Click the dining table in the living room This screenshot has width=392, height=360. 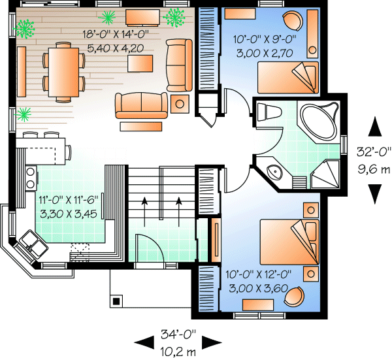click(63, 73)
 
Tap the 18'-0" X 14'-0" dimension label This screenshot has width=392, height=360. click(116, 34)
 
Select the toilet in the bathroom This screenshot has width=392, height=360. click(268, 112)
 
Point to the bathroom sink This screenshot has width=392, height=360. click(274, 171)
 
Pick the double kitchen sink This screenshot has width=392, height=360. click(33, 246)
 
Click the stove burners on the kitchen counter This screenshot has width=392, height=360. click(31, 178)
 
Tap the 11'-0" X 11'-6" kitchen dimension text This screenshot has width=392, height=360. click(69, 200)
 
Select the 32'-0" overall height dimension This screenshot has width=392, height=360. click(374, 152)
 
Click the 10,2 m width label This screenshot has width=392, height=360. click(178, 352)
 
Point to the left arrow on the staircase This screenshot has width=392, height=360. click(144, 212)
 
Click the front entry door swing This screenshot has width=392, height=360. click(150, 248)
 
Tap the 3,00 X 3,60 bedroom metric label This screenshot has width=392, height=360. click(259, 289)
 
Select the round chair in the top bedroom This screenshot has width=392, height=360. click(293, 20)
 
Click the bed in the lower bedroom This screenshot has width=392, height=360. click(289, 242)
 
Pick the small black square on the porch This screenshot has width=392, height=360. click(116, 301)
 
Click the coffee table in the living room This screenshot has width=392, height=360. click(140, 63)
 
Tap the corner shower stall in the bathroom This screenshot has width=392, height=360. click(325, 174)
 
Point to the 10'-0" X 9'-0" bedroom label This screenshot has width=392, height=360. click(265, 39)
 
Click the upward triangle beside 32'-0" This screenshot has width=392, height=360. click(375, 127)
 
